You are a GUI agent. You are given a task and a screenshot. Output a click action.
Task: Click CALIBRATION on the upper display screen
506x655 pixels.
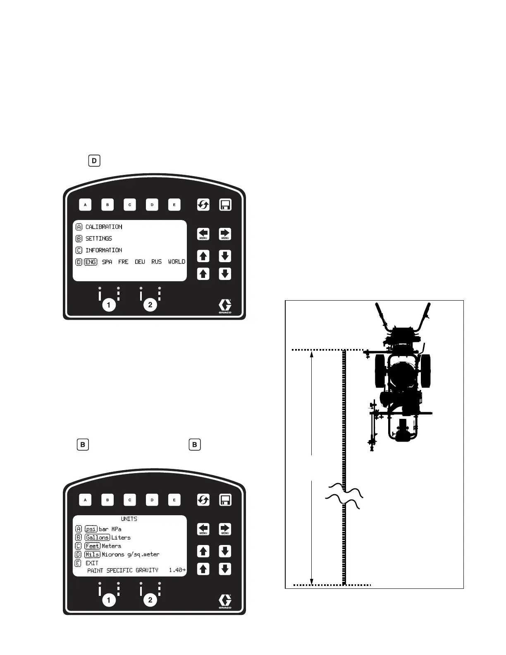coord(104,227)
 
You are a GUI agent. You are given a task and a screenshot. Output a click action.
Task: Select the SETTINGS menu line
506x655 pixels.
coord(99,239)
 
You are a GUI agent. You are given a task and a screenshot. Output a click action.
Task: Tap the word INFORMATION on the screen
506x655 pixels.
coord(104,250)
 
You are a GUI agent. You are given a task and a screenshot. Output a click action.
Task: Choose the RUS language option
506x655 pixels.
coord(156,262)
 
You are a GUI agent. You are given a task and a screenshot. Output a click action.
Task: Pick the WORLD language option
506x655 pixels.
coord(177,262)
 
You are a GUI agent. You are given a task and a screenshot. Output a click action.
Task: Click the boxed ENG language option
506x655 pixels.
coord(91,262)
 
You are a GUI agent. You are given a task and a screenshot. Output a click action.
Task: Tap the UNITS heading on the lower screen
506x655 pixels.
coord(129,519)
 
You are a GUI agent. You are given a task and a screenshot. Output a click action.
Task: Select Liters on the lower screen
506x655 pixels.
coord(121,538)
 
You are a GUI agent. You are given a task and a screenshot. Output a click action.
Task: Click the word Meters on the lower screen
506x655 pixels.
coord(112,546)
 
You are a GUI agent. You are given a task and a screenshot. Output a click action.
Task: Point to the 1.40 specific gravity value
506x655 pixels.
coord(176,570)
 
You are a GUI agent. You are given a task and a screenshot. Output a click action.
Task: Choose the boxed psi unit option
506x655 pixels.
coord(91,529)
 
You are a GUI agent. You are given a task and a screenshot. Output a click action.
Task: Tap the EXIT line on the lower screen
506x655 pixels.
coord(92,563)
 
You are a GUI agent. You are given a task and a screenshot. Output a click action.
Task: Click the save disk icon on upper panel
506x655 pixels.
coord(225,205)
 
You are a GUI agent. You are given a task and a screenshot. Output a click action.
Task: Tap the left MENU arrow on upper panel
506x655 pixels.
coord(203,234)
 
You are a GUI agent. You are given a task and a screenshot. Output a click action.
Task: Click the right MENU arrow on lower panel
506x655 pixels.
coord(225,529)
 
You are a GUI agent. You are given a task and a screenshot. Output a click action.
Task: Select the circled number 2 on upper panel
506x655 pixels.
coord(150,305)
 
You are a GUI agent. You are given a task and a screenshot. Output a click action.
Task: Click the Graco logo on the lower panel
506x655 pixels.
coord(225,601)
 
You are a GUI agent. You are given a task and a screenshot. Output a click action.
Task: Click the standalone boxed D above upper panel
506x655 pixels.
coord(94,160)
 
